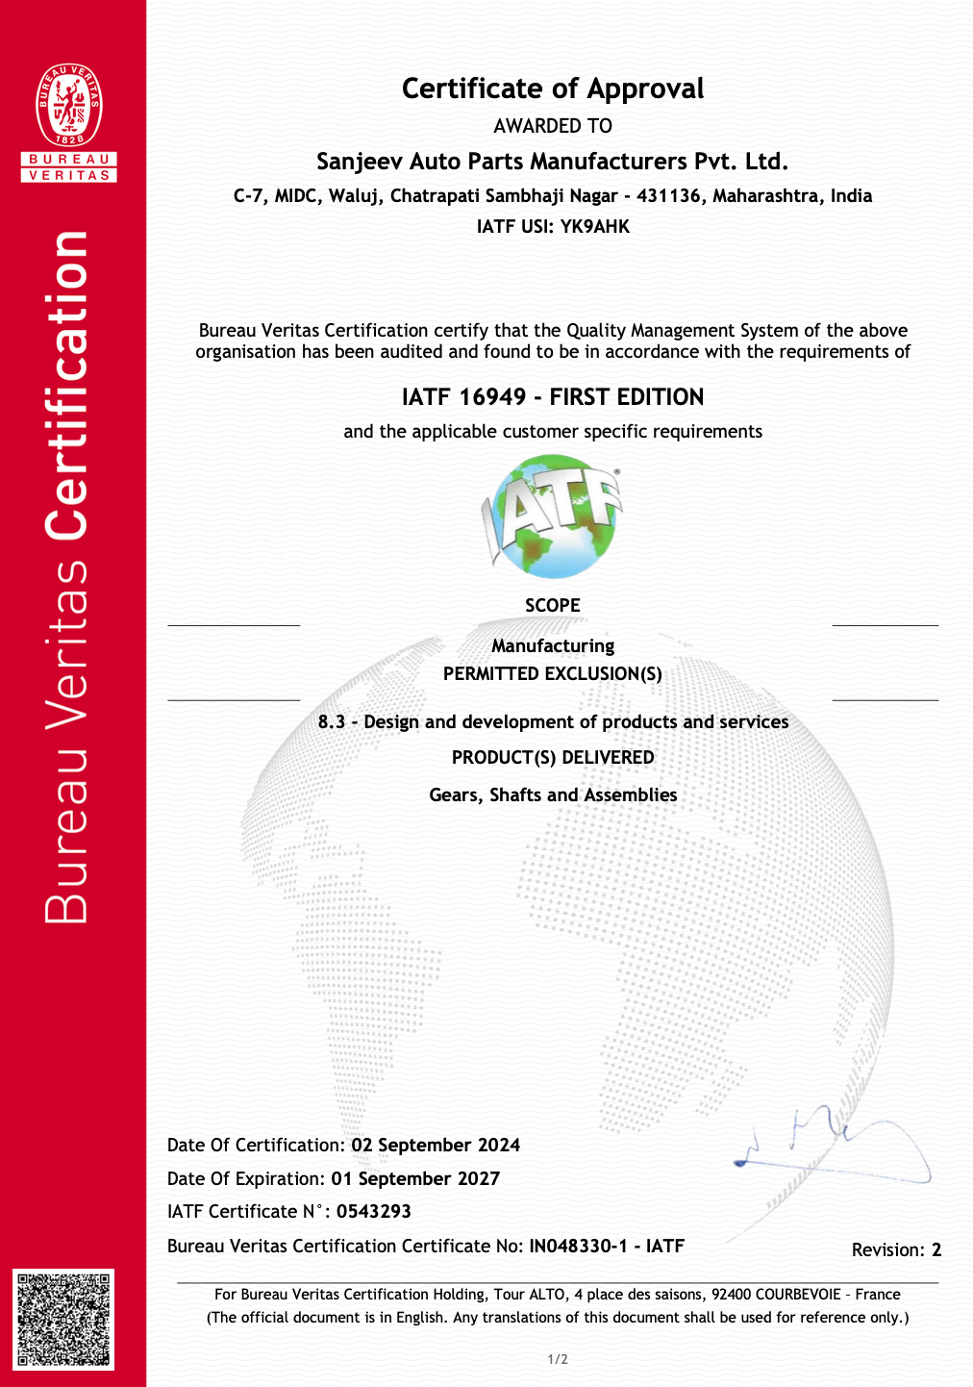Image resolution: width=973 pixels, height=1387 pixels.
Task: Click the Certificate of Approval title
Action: pyautogui.click(x=553, y=88)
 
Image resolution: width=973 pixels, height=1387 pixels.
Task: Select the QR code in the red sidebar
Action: pyautogui.click(x=63, y=1319)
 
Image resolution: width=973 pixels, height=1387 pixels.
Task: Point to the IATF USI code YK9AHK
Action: pyautogui.click(x=595, y=227)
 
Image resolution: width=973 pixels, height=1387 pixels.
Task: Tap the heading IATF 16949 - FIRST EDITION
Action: pyautogui.click(x=553, y=397)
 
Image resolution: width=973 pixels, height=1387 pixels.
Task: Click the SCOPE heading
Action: pyautogui.click(x=553, y=605)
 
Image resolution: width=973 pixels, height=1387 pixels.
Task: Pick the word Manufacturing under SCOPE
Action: pyautogui.click(x=553, y=645)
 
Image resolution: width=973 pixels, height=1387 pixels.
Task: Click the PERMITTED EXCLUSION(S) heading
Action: pyautogui.click(x=553, y=673)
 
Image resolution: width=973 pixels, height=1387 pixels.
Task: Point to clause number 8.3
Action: pyautogui.click(x=332, y=722)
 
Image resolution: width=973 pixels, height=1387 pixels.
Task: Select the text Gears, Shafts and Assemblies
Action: pyautogui.click(x=553, y=795)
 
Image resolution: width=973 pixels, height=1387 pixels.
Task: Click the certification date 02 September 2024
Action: pyautogui.click(x=436, y=1146)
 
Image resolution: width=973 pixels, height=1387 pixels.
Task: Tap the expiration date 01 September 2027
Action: pyautogui.click(x=415, y=1179)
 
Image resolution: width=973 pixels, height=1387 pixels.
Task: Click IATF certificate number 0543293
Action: pyautogui.click(x=374, y=1212)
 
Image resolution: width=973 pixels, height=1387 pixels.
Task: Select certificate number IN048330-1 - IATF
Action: pyautogui.click(x=607, y=1247)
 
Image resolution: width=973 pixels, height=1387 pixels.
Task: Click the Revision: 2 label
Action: pyautogui.click(x=896, y=1250)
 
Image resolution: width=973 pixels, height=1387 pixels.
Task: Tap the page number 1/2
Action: pyautogui.click(x=558, y=1359)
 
